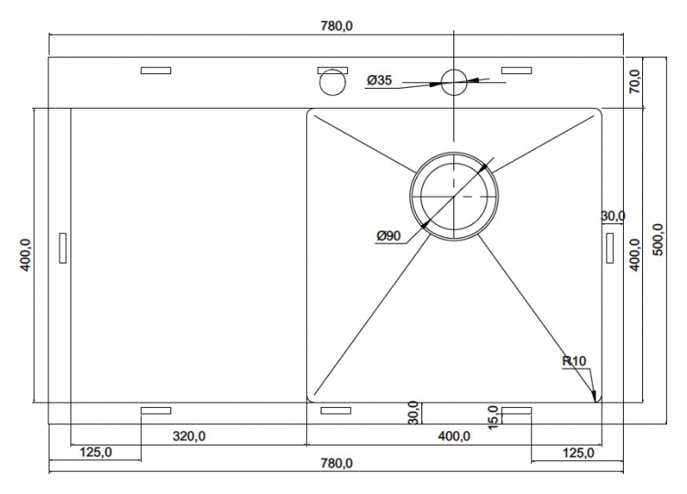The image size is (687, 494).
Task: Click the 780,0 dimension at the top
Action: coord(336,27)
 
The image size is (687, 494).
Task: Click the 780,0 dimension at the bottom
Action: coord(336,463)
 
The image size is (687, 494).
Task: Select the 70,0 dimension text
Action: coord(635,81)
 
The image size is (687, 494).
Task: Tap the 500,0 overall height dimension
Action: coord(658,240)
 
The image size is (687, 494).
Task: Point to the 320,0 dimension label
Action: coord(190,436)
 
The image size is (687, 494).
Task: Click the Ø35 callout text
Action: coord(379,81)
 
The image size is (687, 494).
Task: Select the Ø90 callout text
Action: coord(388,236)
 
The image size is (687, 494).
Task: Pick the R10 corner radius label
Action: coord(574,361)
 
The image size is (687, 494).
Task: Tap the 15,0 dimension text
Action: coord(493,417)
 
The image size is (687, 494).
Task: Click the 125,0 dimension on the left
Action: coord(96,452)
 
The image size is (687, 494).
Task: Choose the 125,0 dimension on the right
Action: coord(578,453)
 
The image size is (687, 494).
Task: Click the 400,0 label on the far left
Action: coord(25,255)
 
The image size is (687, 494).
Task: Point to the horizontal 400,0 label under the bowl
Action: coord(454,436)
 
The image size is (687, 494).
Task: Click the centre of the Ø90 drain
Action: coord(454,197)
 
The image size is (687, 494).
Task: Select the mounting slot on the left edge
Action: coord(62,248)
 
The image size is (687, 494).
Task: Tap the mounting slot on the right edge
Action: coord(610,248)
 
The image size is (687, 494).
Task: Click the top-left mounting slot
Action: coord(156,70)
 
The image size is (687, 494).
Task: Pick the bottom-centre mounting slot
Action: coord(335,411)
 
